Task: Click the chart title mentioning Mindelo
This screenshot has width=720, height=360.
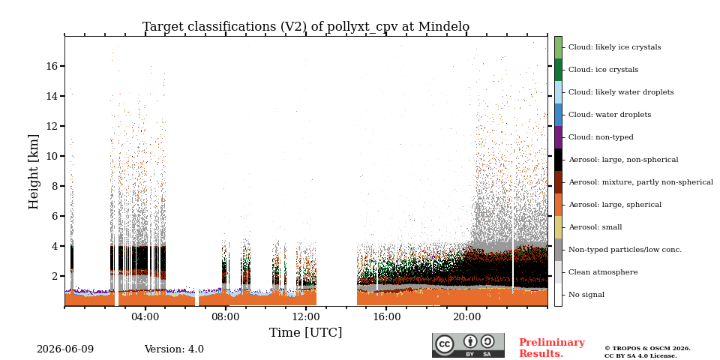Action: pyautogui.click(x=306, y=27)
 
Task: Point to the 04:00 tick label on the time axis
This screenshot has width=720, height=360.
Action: pyautogui.click(x=145, y=316)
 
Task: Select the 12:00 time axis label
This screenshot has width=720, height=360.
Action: pyautogui.click(x=306, y=316)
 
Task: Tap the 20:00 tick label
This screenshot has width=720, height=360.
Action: pyautogui.click(x=466, y=316)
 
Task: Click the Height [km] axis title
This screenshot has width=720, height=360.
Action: pyautogui.click(x=34, y=172)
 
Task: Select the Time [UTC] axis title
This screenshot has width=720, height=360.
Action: pyautogui.click(x=306, y=332)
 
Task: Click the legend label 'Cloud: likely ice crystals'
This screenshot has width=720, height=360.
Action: pyautogui.click(x=615, y=47)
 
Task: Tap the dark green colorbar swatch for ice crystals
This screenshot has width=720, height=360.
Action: pyautogui.click(x=558, y=70)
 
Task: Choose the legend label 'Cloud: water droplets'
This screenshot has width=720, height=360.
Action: pyautogui.click(x=610, y=115)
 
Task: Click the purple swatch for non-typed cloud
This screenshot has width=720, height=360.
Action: pyautogui.click(x=558, y=137)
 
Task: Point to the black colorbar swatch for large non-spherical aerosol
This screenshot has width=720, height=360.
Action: pyautogui.click(x=558, y=160)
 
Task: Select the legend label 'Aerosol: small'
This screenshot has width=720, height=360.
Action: pyautogui.click(x=595, y=227)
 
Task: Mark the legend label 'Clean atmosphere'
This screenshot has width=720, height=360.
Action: pyautogui.click(x=603, y=272)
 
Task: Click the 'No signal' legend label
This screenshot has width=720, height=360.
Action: pyautogui.click(x=586, y=295)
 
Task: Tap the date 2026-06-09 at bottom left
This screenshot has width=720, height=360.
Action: pyautogui.click(x=65, y=349)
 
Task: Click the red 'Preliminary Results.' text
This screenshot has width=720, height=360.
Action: pyautogui.click(x=552, y=348)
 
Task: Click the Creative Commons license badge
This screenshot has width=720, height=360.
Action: pyautogui.click(x=468, y=345)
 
